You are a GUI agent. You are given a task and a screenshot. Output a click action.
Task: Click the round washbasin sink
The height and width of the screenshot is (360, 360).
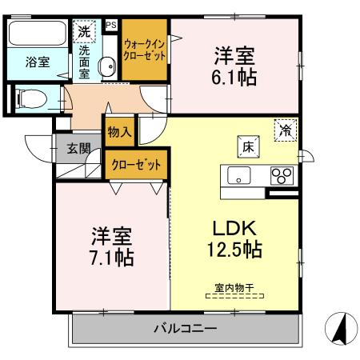[105, 67]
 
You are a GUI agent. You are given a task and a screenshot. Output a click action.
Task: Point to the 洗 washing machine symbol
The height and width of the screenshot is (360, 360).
[84, 32]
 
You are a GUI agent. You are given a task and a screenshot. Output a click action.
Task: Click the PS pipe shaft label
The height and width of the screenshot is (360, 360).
[110, 26]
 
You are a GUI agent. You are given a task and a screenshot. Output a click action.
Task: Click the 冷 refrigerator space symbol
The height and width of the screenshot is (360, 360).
[285, 129]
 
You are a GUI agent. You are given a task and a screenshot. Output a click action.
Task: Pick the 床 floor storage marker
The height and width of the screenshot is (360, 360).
[247, 146]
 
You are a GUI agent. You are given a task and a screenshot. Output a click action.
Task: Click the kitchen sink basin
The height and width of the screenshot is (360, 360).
[238, 175]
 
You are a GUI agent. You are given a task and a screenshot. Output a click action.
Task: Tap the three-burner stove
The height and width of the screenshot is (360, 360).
[282, 175]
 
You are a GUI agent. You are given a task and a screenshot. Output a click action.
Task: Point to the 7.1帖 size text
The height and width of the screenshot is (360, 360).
[111, 258]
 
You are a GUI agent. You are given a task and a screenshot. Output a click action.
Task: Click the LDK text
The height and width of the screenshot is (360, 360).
[234, 227]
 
